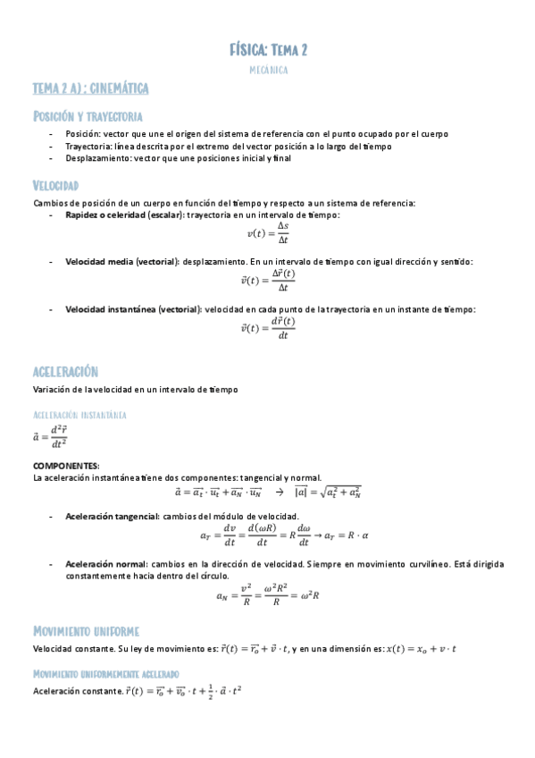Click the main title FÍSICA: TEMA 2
pos(268,50)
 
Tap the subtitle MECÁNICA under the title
pos(268,69)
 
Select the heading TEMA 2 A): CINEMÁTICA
pos(90,88)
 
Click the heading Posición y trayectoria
pos(88,117)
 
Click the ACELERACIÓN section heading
pos(65,372)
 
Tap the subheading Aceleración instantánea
pos(79,416)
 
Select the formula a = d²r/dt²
pos(49,436)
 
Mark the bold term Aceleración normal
pos(105,565)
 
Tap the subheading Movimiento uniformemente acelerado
pos(105,673)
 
